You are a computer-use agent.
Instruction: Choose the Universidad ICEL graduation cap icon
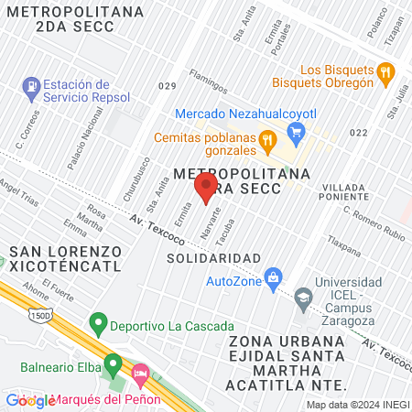(x=302, y=297)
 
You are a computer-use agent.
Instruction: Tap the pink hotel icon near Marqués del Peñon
(x=140, y=375)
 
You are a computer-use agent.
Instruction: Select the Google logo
(x=29, y=401)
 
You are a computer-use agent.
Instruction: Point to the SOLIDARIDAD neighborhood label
(x=214, y=258)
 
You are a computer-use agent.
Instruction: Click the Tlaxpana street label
(x=346, y=246)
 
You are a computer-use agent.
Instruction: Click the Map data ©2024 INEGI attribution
(x=356, y=404)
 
